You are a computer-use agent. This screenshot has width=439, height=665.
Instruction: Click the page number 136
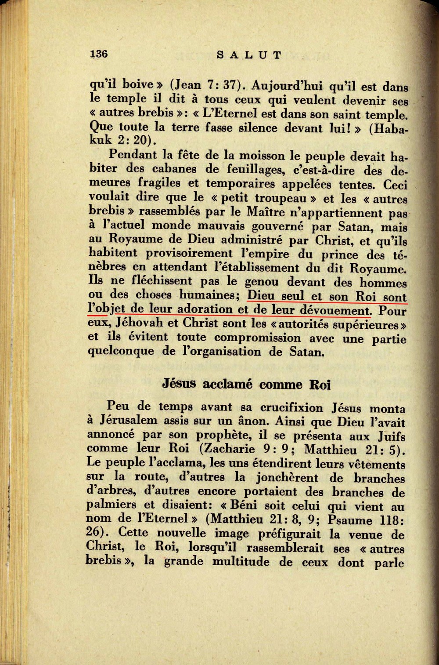(99, 54)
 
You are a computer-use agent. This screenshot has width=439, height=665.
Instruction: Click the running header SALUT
(249, 55)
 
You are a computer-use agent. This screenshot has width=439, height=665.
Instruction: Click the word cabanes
(174, 169)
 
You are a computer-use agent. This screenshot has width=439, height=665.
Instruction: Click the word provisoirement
(189, 254)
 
